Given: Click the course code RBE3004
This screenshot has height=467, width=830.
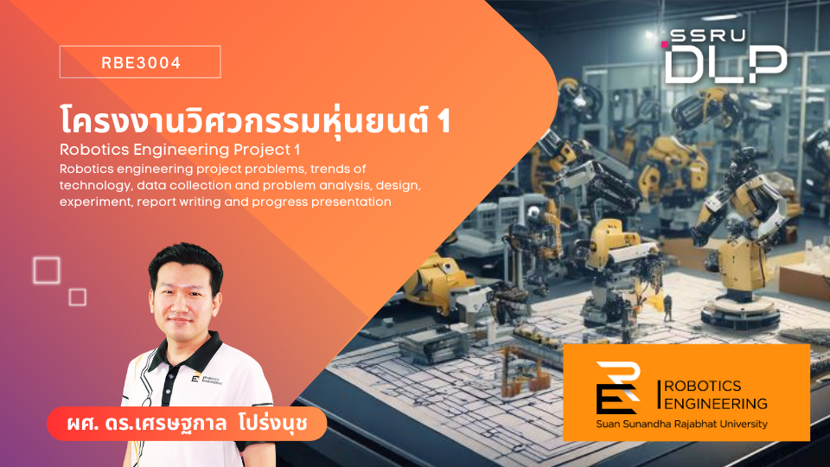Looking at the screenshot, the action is (141, 63).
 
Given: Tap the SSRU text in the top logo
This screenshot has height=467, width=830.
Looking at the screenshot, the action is (708, 36).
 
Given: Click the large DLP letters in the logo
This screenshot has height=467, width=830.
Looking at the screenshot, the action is (725, 64).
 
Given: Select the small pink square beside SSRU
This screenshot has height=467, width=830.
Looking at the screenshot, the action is (664, 44).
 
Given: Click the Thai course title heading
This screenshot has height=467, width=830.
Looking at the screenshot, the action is (254, 120).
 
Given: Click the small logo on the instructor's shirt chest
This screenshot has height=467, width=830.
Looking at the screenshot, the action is (207, 379).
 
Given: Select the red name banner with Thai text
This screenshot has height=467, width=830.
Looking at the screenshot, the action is (187, 424).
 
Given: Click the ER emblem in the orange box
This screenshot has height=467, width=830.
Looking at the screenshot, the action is (618, 388).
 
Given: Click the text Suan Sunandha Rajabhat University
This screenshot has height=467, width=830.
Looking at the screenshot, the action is (682, 424).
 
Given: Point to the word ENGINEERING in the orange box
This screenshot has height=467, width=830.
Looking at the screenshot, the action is (716, 404).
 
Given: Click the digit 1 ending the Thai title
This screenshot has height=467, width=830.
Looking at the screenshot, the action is (444, 121).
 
